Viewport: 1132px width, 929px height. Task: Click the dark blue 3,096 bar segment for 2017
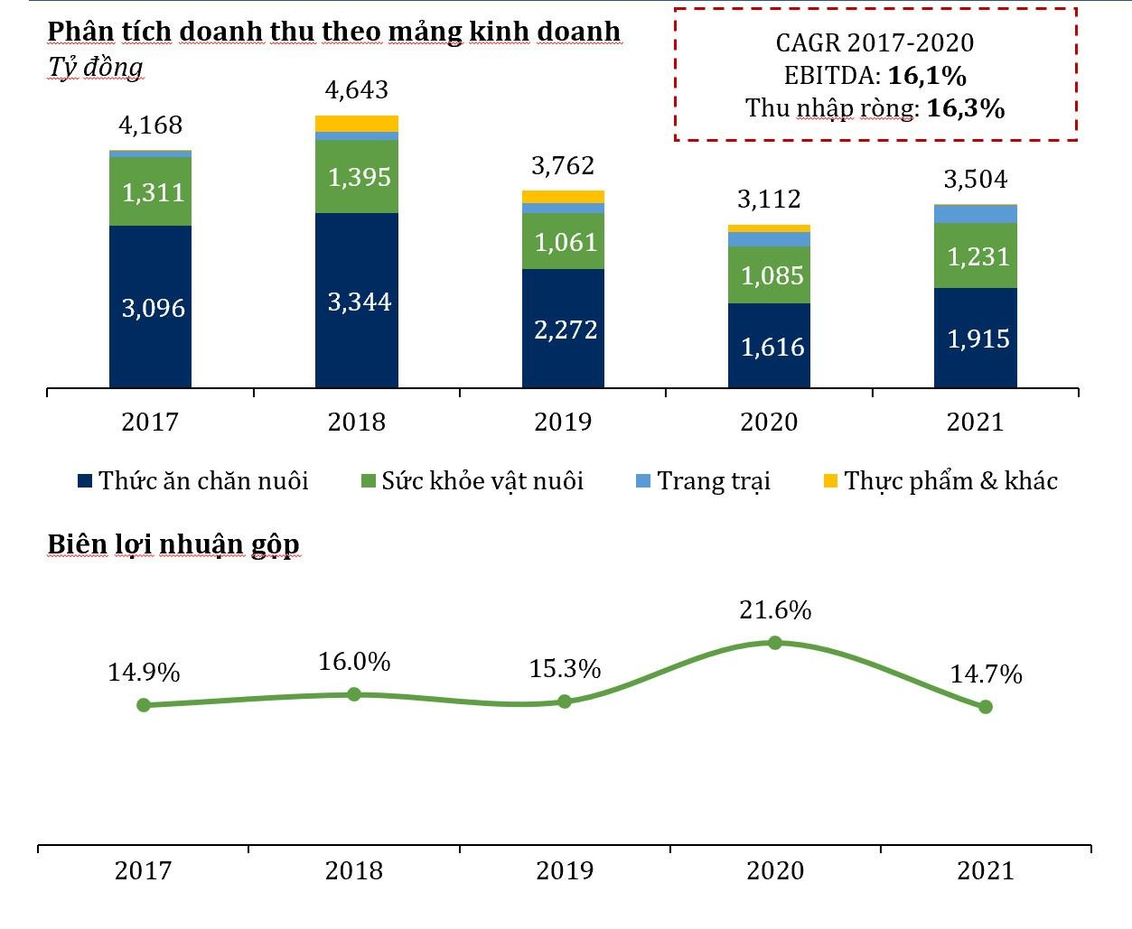pyautogui.click(x=150, y=307)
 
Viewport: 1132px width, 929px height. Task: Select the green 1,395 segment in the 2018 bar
pyautogui.click(x=357, y=176)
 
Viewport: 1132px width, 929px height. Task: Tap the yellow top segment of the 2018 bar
pyautogui.click(x=357, y=124)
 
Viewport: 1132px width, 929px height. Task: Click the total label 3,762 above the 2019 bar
pyautogui.click(x=563, y=166)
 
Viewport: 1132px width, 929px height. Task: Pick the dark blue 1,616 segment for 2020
pyautogui.click(x=769, y=346)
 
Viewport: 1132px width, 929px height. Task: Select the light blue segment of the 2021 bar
pyautogui.click(x=976, y=214)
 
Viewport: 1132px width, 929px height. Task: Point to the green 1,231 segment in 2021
pyautogui.click(x=976, y=255)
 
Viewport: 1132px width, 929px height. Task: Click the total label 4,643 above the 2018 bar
pyautogui.click(x=357, y=90)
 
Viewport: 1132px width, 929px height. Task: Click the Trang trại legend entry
pyautogui.click(x=704, y=480)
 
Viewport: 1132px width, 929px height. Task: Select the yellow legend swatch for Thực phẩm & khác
pyautogui.click(x=830, y=480)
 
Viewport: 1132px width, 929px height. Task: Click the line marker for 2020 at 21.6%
pyautogui.click(x=775, y=643)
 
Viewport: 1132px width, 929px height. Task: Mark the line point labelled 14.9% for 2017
pyautogui.click(x=144, y=705)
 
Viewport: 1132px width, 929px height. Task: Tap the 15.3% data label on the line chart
pyautogui.click(x=565, y=669)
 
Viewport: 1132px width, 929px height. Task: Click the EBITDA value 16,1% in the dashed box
pyautogui.click(x=927, y=76)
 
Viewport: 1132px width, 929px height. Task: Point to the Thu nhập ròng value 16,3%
pyautogui.click(x=966, y=108)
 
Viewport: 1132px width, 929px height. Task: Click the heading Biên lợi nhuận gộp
pyautogui.click(x=173, y=544)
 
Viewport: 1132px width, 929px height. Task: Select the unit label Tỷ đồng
pyautogui.click(x=95, y=68)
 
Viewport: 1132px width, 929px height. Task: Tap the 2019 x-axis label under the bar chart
pyautogui.click(x=563, y=422)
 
